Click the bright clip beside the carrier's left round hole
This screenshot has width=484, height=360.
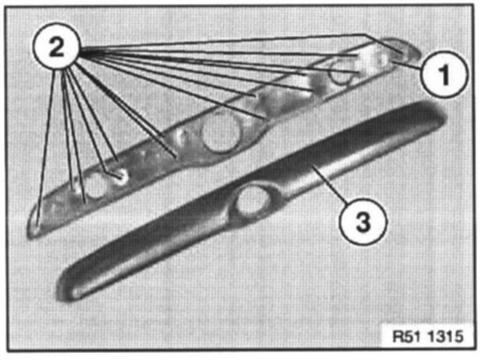point(120,177)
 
